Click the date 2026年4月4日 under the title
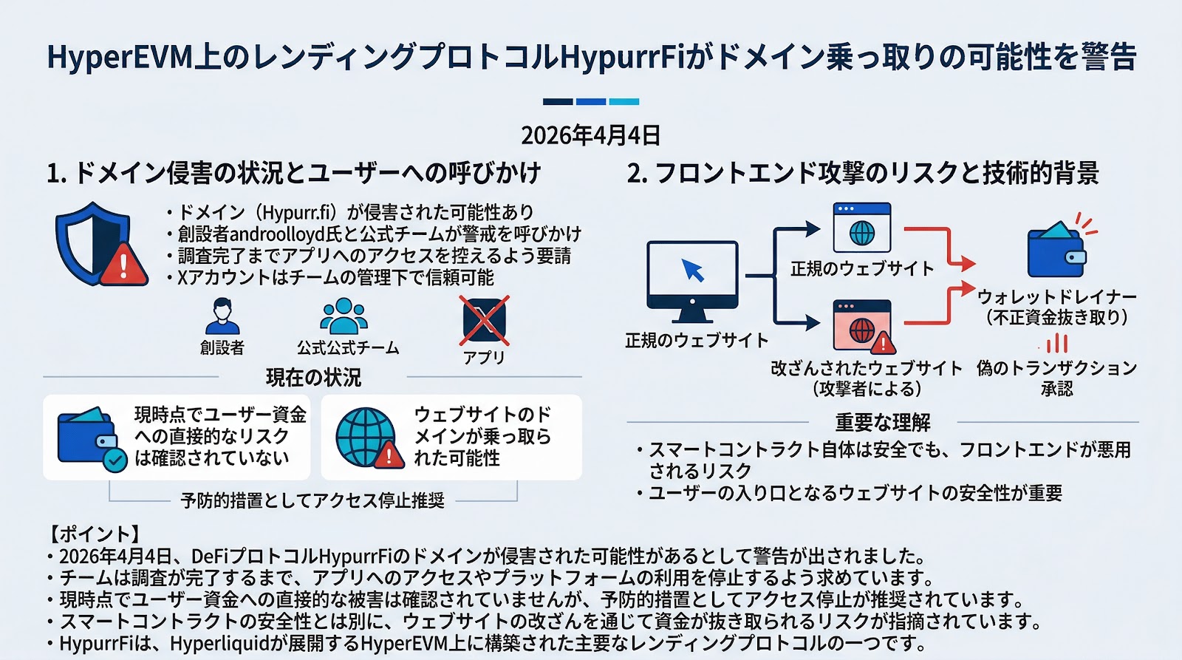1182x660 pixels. (590, 135)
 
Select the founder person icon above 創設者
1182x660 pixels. (222, 316)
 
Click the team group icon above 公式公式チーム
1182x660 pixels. (344, 316)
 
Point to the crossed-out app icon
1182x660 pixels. (484, 321)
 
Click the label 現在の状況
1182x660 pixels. (313, 378)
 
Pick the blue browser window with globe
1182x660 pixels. (861, 228)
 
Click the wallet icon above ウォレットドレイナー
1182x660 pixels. (1056, 249)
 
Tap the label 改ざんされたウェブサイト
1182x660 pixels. (867, 368)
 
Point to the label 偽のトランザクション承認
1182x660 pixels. (1056, 378)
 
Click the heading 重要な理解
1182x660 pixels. (883, 422)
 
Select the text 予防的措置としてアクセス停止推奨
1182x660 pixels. (312, 500)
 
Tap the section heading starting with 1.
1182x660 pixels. (293, 173)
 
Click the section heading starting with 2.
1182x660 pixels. (862, 173)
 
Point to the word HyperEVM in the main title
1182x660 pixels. (120, 58)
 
